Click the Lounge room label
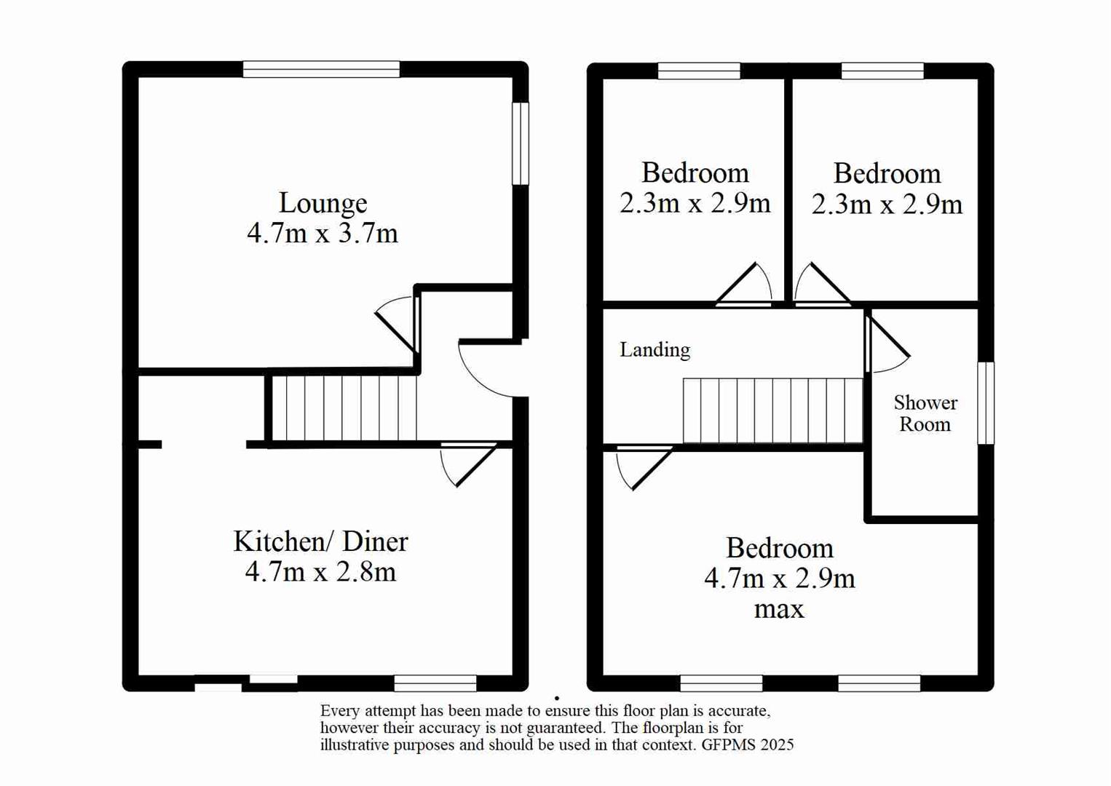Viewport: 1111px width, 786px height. pos(323,203)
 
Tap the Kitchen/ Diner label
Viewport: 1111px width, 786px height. pos(320,541)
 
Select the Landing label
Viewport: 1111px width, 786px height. pos(655,350)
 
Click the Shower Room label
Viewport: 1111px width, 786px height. pos(925,413)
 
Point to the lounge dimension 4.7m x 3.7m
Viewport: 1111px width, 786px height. pos(323,234)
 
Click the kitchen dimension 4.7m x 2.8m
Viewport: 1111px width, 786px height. pos(320,572)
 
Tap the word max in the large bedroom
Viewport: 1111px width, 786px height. pos(778,609)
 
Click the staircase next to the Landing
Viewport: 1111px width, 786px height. pos(772,410)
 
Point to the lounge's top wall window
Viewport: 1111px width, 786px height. pos(321,70)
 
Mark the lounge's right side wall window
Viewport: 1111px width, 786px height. pos(520,143)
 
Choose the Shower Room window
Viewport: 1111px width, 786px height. pos(985,402)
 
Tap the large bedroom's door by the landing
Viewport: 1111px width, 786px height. pos(642,467)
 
